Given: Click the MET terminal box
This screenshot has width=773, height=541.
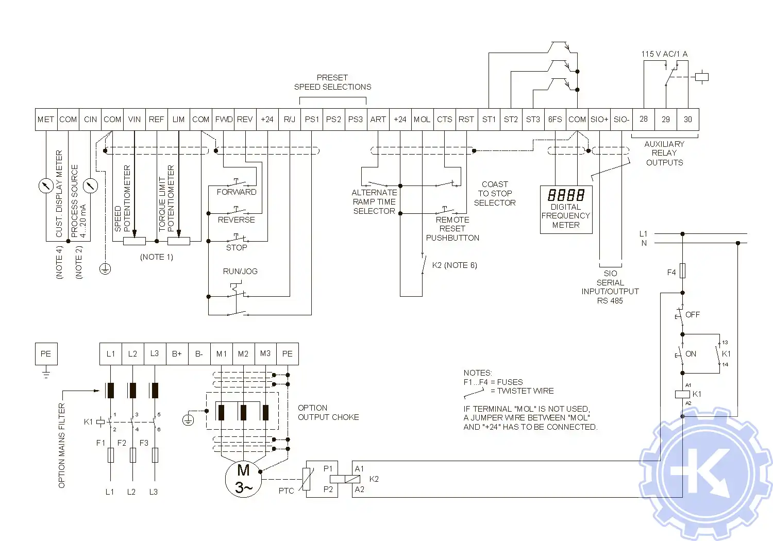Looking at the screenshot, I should coord(46,120).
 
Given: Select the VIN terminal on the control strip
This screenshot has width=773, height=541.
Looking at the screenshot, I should coord(135,120).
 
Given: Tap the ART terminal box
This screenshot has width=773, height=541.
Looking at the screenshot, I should coord(378,120).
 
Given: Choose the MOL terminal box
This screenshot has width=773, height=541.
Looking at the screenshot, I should coord(422,120).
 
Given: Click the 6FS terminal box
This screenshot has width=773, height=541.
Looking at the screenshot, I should coord(555,120).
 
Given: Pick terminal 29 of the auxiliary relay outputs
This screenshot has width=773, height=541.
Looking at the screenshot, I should coord(666,120).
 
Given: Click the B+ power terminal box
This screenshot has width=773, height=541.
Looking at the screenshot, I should coord(177,354).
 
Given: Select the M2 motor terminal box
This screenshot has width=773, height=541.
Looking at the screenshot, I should coord(243,354).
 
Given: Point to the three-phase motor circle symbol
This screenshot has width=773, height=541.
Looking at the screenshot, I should coord(243,479).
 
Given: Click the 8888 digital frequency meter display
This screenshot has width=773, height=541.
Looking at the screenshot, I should coord(566,195).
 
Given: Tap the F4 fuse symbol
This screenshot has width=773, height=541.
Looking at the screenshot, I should coord(682,271).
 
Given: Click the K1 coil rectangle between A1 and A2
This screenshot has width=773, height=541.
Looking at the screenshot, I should coord(682,394).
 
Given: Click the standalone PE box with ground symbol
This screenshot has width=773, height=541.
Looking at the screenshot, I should coord(46,354).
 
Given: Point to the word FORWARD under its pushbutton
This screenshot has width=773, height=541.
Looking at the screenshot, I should coord(237,192).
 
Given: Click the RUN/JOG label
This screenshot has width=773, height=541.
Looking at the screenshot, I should coord(240,272).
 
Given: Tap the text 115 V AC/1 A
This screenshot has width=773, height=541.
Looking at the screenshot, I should coord(664,54).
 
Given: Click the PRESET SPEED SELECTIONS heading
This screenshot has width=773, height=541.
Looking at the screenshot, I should coord(332,82).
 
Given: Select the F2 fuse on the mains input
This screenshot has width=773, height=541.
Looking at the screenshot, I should coord(133,455).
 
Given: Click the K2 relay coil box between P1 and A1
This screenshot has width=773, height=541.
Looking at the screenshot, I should coord(345,479).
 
